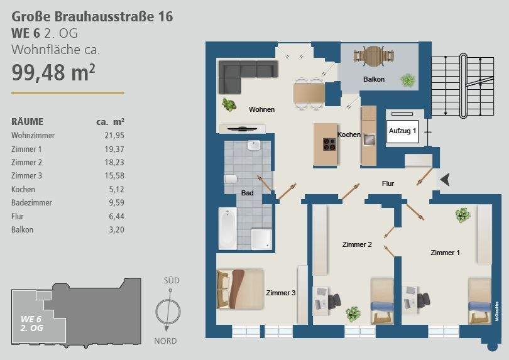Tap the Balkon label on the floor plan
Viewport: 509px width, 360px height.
click(373, 79)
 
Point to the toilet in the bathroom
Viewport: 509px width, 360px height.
click(230, 180)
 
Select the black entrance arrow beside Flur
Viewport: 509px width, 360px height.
click(444, 180)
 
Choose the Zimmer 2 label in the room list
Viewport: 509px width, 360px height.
click(26, 162)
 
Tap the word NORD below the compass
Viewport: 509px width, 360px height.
click(165, 341)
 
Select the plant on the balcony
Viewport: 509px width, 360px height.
click(408, 80)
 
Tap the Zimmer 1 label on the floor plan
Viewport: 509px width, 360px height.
click(445, 253)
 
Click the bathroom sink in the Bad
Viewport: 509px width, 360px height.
click(254, 146)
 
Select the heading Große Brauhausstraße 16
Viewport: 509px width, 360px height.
click(92, 17)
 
